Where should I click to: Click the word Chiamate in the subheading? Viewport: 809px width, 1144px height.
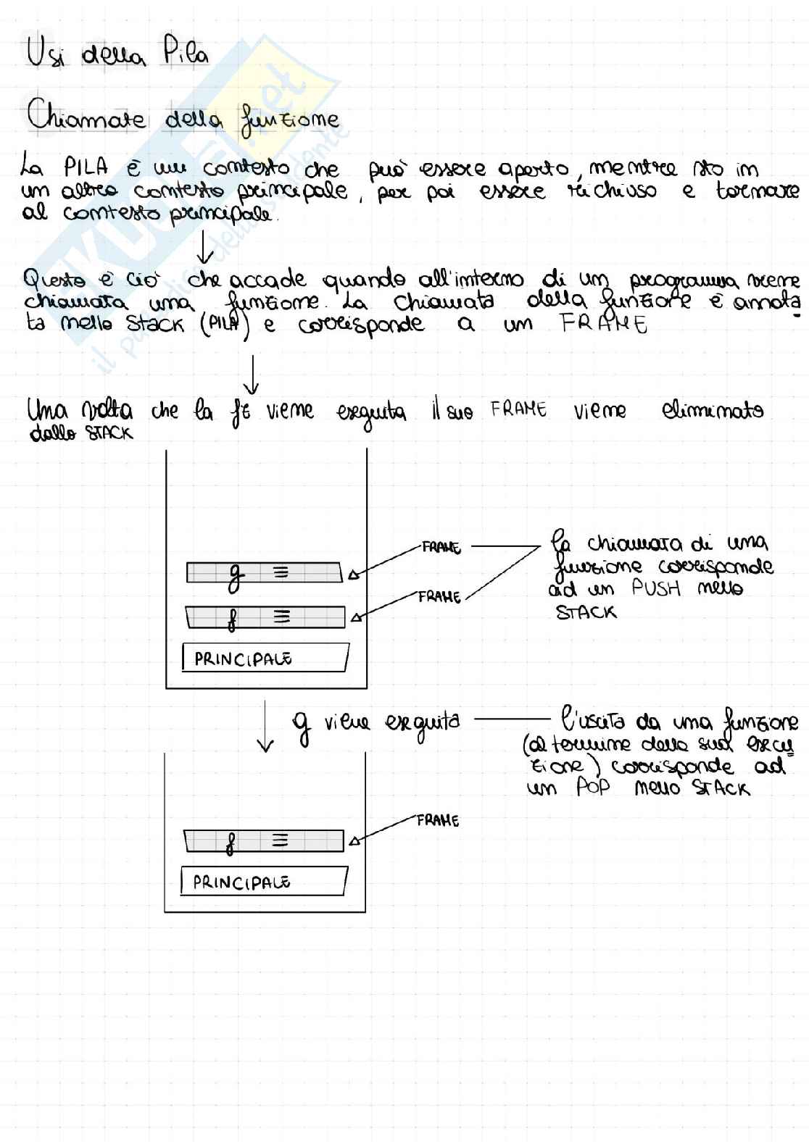click(x=86, y=117)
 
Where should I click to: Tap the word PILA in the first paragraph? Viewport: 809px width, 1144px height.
click(x=86, y=168)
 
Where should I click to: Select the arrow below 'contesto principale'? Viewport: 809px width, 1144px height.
click(x=205, y=247)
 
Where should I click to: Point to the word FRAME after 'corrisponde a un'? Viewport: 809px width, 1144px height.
click(x=603, y=323)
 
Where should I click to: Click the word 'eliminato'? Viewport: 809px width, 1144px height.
click(x=712, y=411)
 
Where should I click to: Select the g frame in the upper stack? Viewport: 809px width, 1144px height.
click(x=264, y=573)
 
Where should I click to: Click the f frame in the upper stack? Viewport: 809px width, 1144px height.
click(x=265, y=617)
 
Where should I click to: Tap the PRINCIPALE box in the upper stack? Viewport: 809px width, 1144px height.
click(x=265, y=658)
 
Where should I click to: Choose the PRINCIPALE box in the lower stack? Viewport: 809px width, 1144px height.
click(x=263, y=882)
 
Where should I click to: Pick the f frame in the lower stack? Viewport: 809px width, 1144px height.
click(x=264, y=841)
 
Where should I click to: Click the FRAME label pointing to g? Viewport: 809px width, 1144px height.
click(x=441, y=547)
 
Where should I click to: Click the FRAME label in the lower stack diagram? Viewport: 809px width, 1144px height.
click(x=438, y=820)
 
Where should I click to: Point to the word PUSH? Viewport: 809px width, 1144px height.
click(x=656, y=588)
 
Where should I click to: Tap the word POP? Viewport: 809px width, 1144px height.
click(x=593, y=787)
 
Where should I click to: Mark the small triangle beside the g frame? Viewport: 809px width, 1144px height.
click(x=353, y=575)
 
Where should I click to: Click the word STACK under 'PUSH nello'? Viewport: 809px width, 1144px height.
click(x=586, y=613)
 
